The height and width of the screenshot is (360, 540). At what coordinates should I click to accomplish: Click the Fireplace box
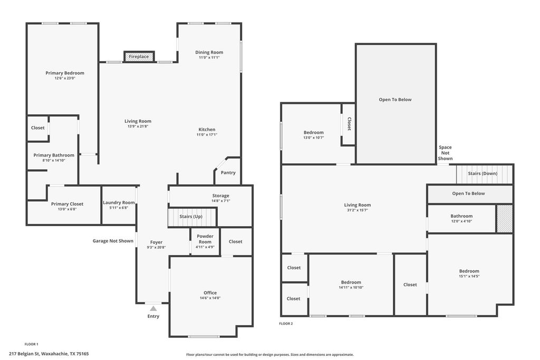pyautogui.click(x=139, y=56)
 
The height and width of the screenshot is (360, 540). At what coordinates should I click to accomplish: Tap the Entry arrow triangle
pyautogui.click(x=153, y=308)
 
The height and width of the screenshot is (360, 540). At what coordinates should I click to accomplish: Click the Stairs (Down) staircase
pyautogui.click(x=485, y=174)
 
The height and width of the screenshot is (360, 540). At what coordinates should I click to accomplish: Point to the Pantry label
pyautogui.click(x=228, y=172)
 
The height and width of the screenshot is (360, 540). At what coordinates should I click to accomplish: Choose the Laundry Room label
pyautogui.click(x=119, y=202)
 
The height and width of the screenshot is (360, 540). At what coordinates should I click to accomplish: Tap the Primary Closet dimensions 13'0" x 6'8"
pyautogui.click(x=67, y=209)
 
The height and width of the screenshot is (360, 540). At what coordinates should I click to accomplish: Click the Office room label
pyautogui.click(x=210, y=293)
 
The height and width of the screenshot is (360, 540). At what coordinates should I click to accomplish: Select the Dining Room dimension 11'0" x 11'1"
pyautogui.click(x=209, y=57)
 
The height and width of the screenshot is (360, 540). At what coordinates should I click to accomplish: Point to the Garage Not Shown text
pyautogui.click(x=113, y=241)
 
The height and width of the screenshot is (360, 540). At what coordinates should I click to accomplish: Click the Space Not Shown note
pyautogui.click(x=445, y=153)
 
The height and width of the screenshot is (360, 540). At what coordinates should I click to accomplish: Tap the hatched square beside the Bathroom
pyautogui.click(x=505, y=219)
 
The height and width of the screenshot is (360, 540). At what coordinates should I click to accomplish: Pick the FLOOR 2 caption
pyautogui.click(x=286, y=324)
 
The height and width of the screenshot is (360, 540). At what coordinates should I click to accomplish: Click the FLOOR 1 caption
pyautogui.click(x=31, y=344)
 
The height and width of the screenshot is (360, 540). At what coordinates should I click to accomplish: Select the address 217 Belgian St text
pyautogui.click(x=25, y=354)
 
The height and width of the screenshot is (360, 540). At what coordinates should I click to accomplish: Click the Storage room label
pyautogui.click(x=221, y=196)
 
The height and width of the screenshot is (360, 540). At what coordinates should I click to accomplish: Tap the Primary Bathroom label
pyautogui.click(x=54, y=155)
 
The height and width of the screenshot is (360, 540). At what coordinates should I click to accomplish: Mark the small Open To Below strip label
pyautogui.click(x=468, y=193)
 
